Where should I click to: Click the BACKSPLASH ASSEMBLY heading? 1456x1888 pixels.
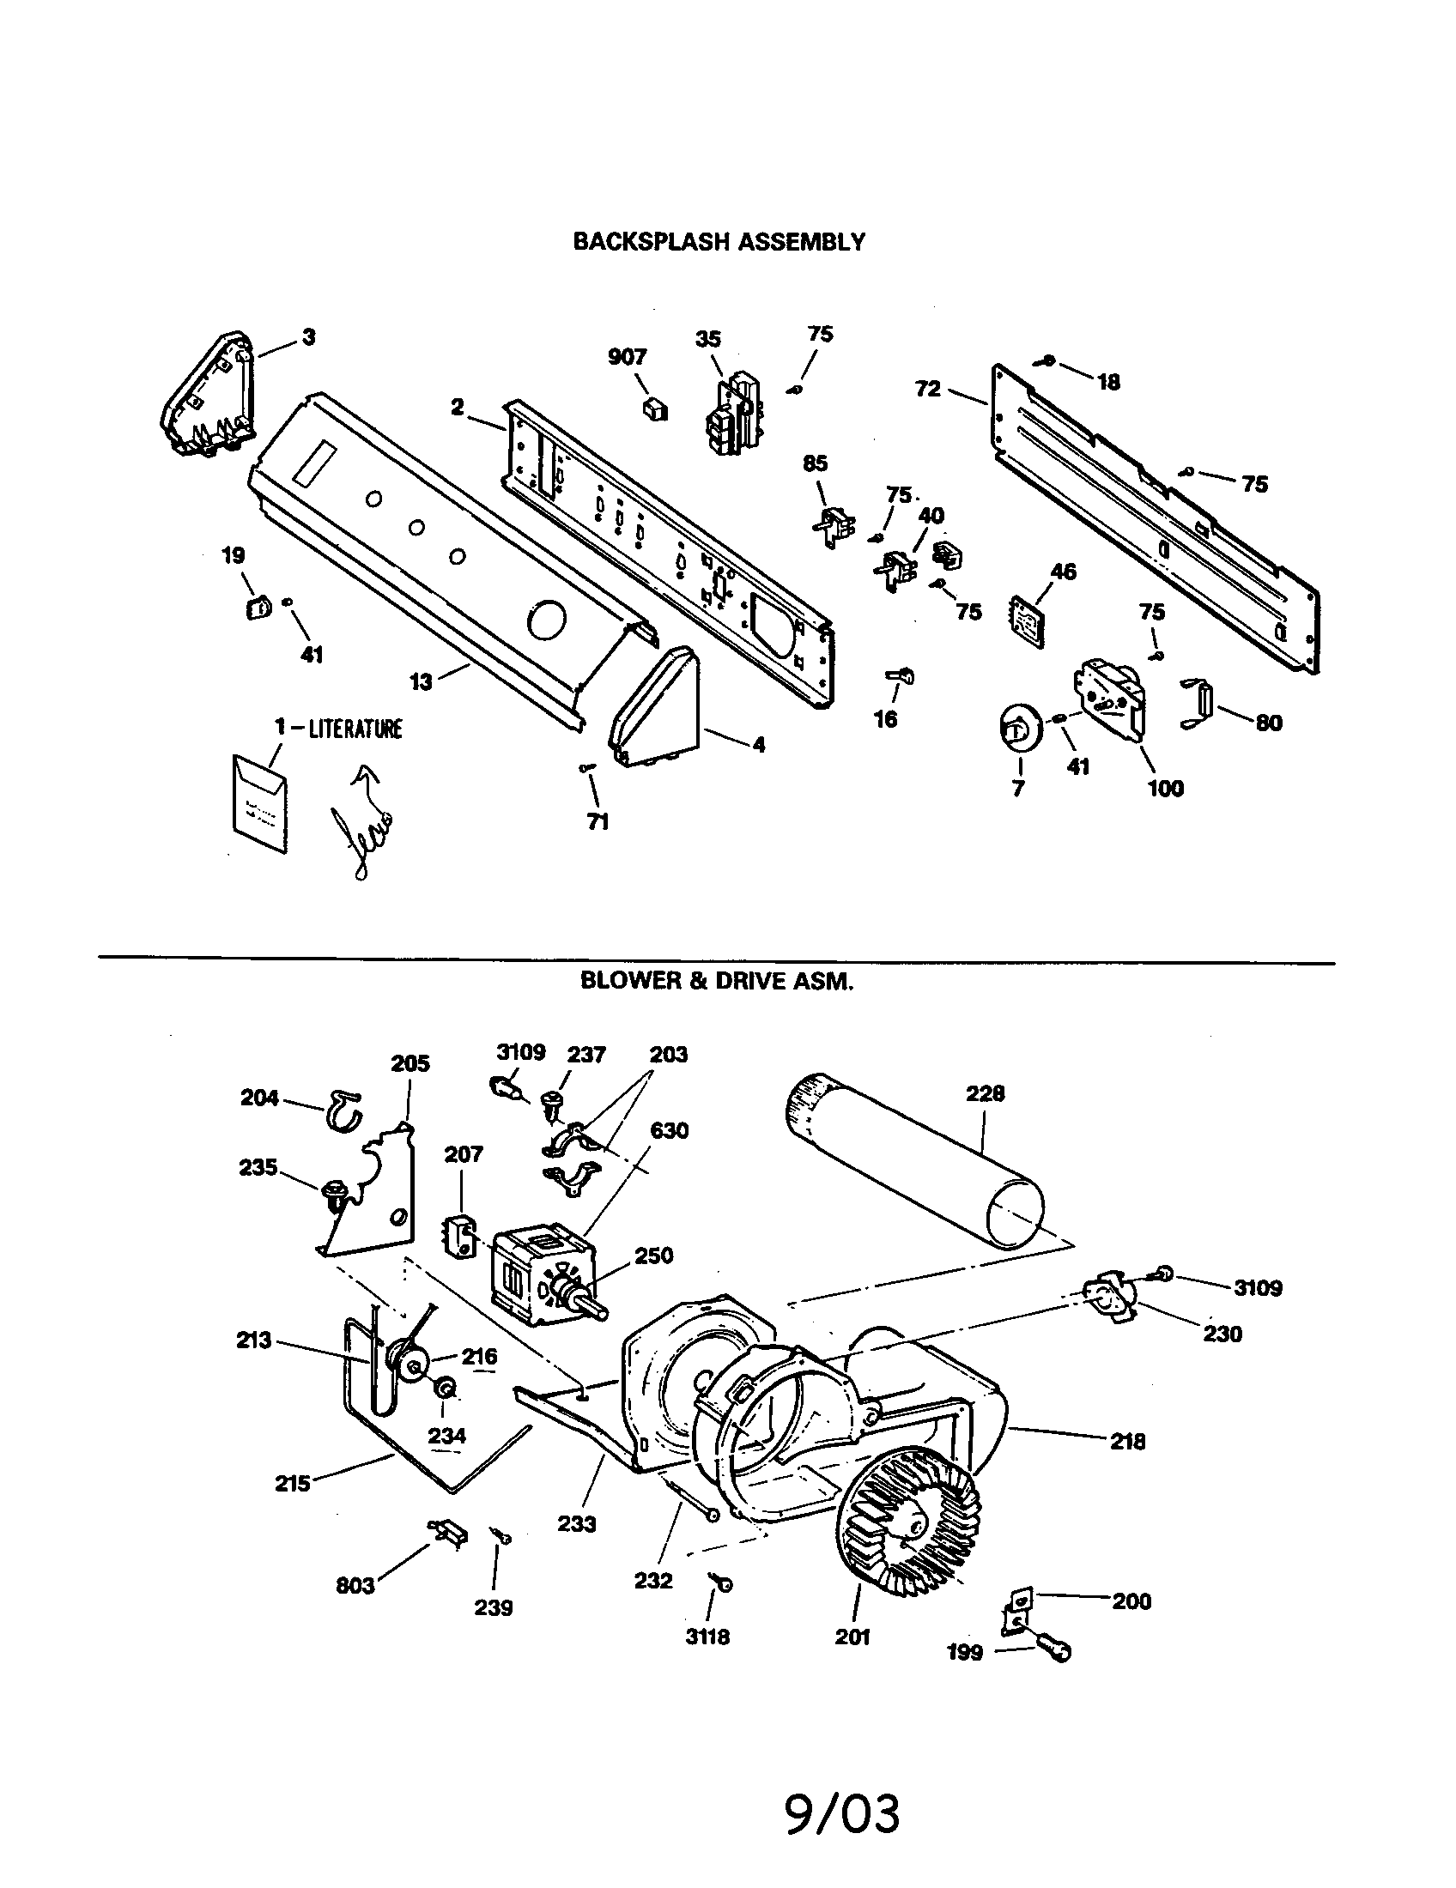tap(719, 242)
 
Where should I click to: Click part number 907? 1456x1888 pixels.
tap(627, 357)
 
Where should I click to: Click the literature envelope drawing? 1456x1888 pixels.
tap(259, 803)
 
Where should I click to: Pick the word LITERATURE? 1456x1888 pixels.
tap(356, 729)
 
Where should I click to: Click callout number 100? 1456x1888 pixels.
tap(1165, 789)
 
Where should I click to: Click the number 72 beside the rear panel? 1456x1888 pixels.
tap(928, 389)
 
